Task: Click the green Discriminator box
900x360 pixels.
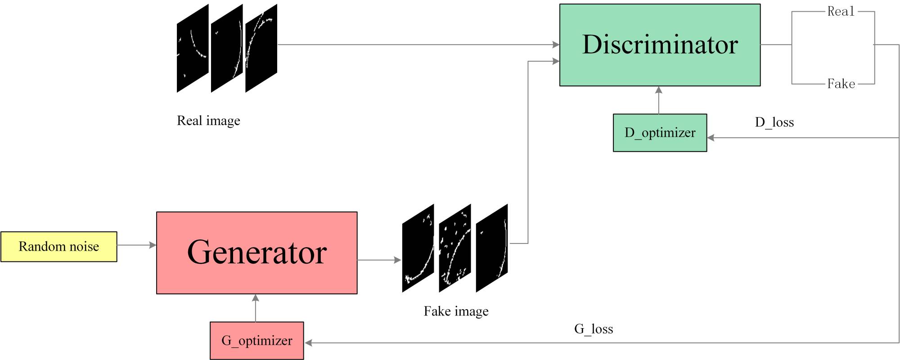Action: pos(660,45)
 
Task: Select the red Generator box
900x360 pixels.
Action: pos(256,252)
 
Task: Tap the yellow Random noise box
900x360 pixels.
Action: pos(59,247)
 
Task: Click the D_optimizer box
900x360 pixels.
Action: pos(660,133)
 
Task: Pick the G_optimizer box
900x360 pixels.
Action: pos(256,341)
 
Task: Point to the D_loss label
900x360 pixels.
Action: pos(774,122)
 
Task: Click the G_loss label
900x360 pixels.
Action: pos(594,329)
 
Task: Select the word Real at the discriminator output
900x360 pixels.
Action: pos(841,12)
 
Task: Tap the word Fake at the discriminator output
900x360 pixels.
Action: pos(841,84)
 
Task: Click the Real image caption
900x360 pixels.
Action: pos(208,121)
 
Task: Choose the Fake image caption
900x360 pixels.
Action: pos(456,311)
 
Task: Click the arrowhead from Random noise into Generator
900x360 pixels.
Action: pos(153,245)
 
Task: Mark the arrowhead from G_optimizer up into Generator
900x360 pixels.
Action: pos(256,298)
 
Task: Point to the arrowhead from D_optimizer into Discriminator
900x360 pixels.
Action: pos(659,90)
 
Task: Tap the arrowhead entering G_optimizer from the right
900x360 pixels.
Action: pos(308,343)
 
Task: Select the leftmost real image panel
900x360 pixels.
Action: pos(193,48)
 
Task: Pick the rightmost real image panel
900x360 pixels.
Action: pos(261,48)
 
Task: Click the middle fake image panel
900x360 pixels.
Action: pos(455,248)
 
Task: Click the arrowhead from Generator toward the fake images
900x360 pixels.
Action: pos(398,260)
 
